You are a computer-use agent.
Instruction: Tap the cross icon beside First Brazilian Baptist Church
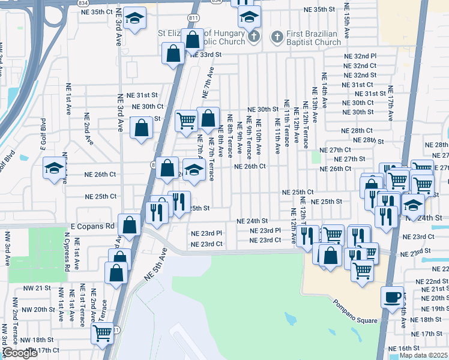277,37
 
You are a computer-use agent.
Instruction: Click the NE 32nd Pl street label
360,56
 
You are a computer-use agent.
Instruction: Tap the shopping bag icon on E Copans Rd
130,226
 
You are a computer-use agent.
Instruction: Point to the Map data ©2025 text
423,355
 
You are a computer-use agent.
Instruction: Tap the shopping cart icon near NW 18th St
103,332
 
